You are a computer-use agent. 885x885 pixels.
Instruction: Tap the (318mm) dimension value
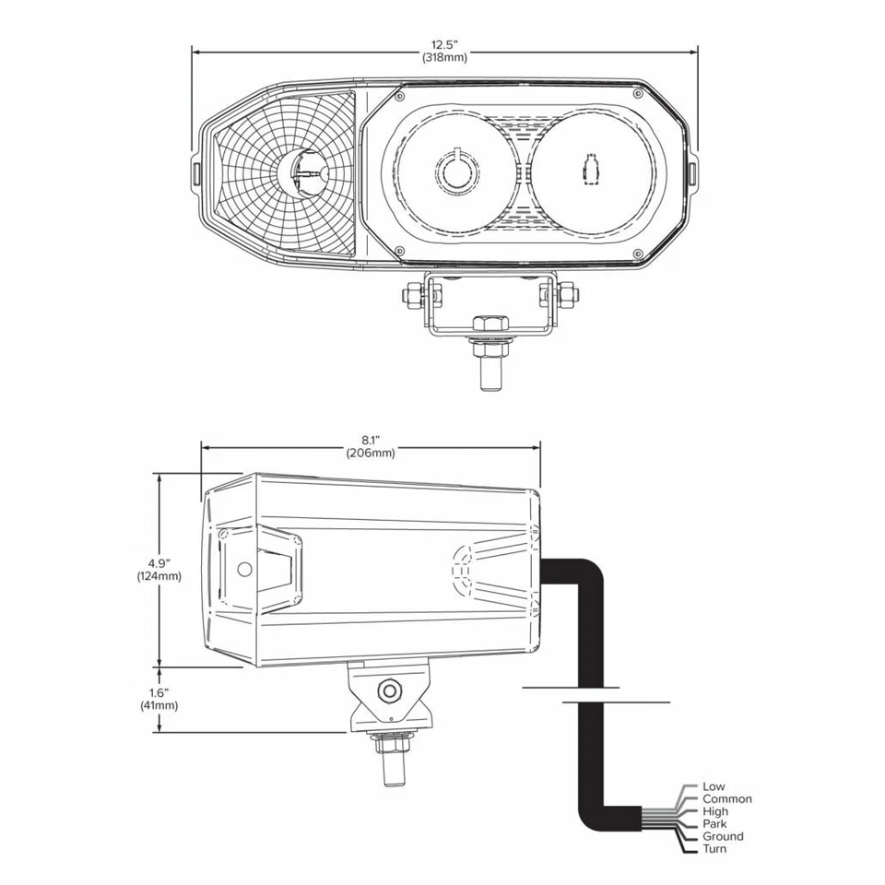point(444,57)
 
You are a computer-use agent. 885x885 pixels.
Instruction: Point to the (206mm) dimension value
point(371,453)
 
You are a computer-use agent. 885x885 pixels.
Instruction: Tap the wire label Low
point(714,786)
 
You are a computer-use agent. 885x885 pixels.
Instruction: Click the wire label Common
point(726,799)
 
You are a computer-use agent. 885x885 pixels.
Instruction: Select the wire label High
point(715,811)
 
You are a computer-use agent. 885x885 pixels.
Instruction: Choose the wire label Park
point(714,823)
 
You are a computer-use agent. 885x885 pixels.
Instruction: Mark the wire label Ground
point(722,836)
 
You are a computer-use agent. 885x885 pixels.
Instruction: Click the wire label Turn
point(714,848)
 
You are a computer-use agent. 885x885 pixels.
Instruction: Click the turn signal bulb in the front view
point(306,172)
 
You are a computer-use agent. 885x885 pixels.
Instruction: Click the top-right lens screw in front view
point(637,93)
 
